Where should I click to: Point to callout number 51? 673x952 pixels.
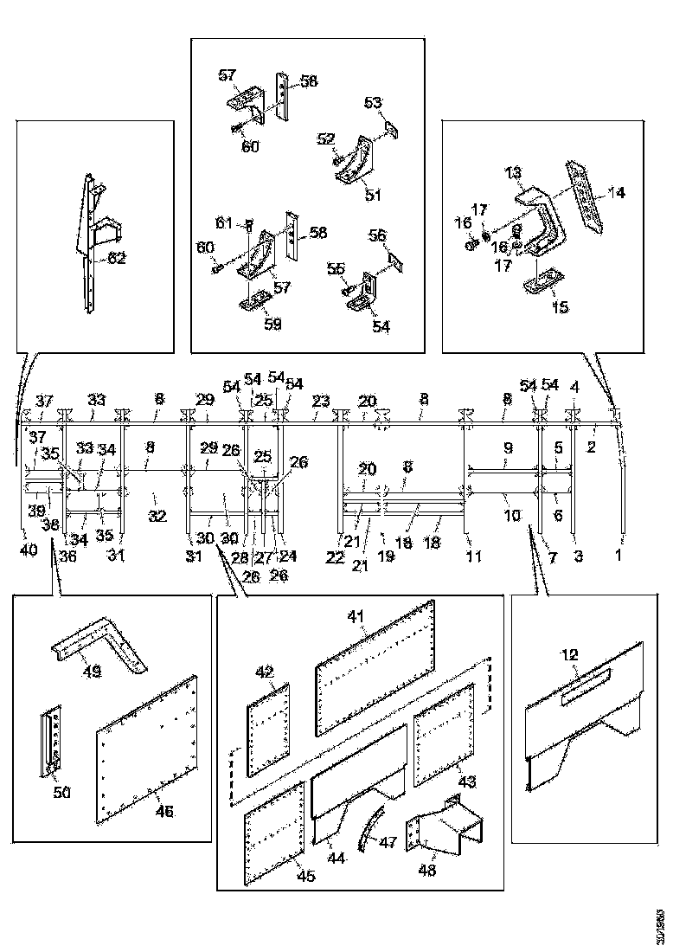[x=373, y=196]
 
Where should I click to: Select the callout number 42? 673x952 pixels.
[x=264, y=671]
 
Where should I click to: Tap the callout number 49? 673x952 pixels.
[x=88, y=670]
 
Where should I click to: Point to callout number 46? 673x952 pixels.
[x=163, y=811]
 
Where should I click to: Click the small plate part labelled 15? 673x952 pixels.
[x=542, y=283]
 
